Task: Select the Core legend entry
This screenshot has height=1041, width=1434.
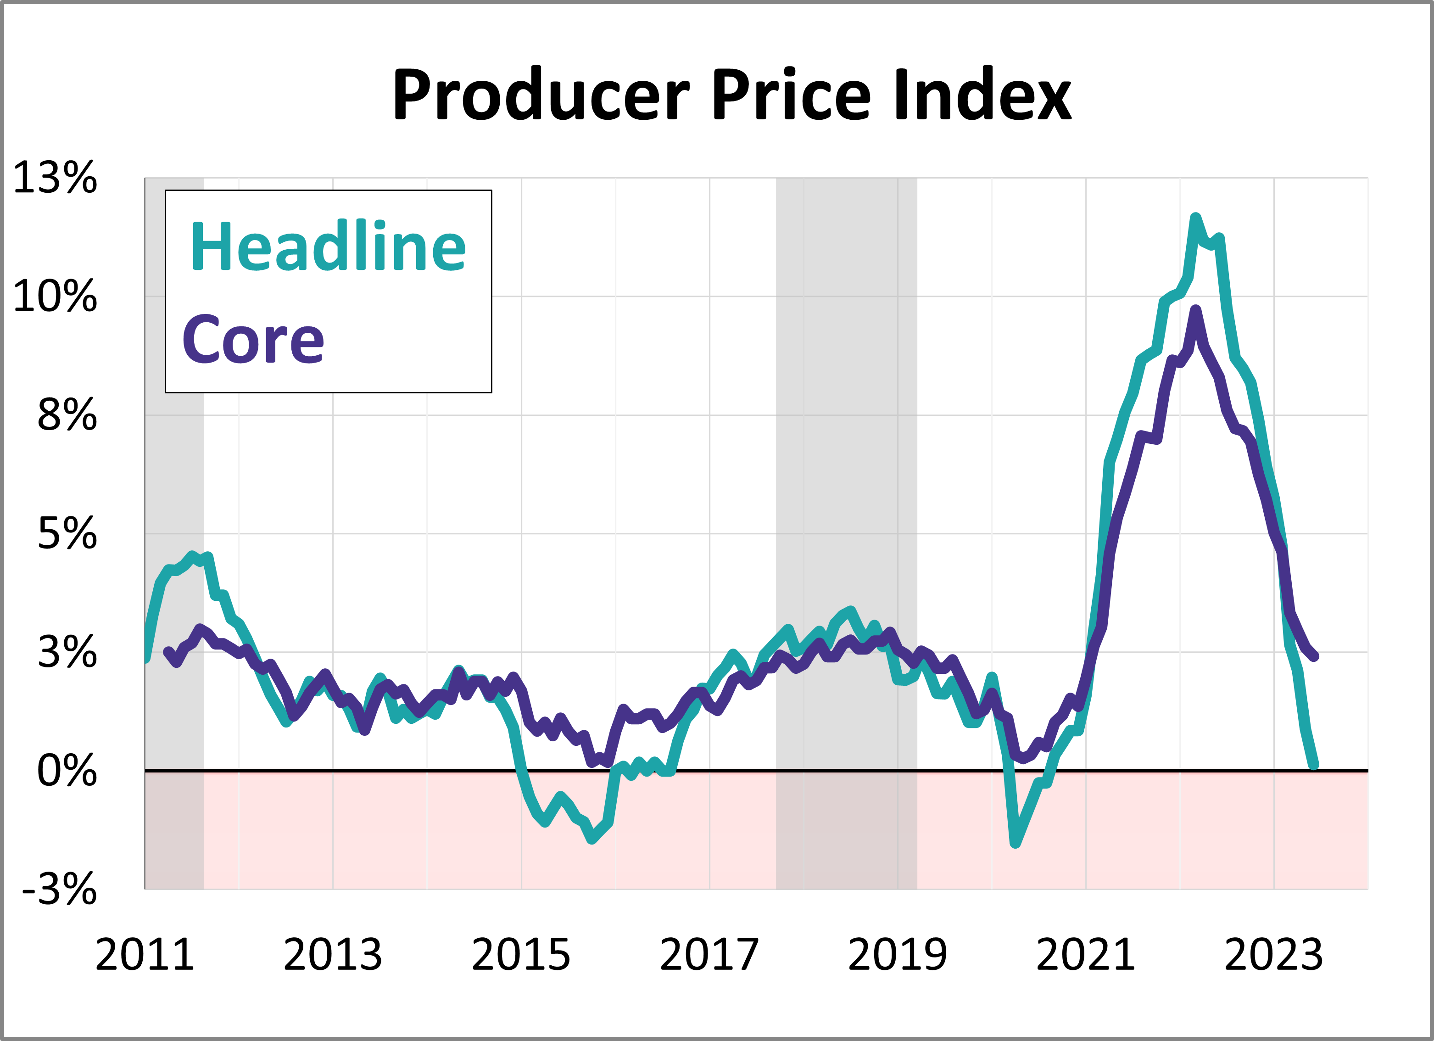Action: pos(253,340)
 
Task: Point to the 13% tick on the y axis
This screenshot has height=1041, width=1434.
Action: pos(55,178)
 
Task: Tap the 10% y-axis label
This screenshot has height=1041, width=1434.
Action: pos(55,296)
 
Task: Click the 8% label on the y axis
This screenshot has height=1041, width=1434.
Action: pos(67,415)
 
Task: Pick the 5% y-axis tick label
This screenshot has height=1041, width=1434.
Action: pos(67,534)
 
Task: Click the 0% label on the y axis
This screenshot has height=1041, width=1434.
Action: pos(67,771)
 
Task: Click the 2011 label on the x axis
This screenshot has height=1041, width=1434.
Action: pos(145,955)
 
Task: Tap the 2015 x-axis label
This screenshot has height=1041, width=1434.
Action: pos(521,955)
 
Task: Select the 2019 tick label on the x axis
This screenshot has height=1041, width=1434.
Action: pos(897,955)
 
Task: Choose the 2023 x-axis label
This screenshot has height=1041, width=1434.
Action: pos(1273,955)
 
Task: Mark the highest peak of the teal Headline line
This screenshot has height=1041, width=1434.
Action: pos(1195,218)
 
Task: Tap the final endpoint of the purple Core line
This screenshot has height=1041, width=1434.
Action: pos(1315,656)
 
